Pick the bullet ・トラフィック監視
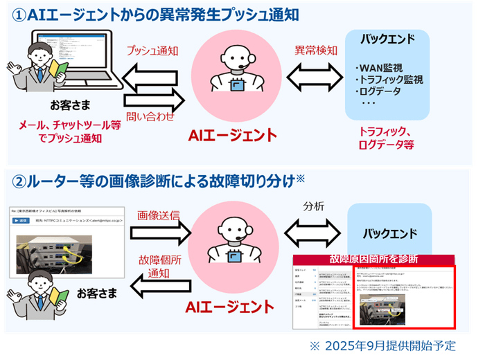tap(389, 80)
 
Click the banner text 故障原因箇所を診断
tap(373, 259)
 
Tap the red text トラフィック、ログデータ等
tap(386, 138)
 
